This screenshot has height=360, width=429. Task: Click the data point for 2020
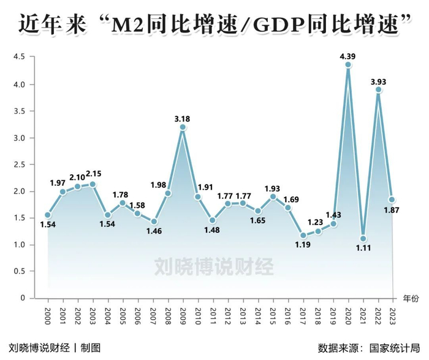pyautogui.click(x=348, y=64)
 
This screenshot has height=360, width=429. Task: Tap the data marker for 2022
pyautogui.click(x=378, y=90)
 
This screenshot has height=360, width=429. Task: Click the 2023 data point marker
pyautogui.click(x=393, y=199)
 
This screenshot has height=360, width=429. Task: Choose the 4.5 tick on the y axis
pyautogui.click(x=19, y=58)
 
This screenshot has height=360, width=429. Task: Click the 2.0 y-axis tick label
pyautogui.click(x=19, y=191)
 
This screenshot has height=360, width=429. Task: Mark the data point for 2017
pyautogui.click(x=303, y=235)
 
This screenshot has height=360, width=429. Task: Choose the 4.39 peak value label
pyautogui.click(x=348, y=55)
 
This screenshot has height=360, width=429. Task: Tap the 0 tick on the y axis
pyautogui.click(x=23, y=299)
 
